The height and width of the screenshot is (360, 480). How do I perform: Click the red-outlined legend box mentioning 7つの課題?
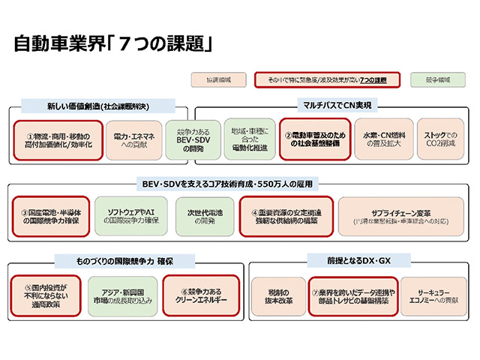pyautogui.click(x=325, y=79)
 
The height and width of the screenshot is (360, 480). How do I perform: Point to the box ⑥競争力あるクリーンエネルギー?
pyautogui.click(x=199, y=295)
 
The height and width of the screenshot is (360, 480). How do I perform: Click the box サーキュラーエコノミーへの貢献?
pyautogui.click(x=433, y=295)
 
